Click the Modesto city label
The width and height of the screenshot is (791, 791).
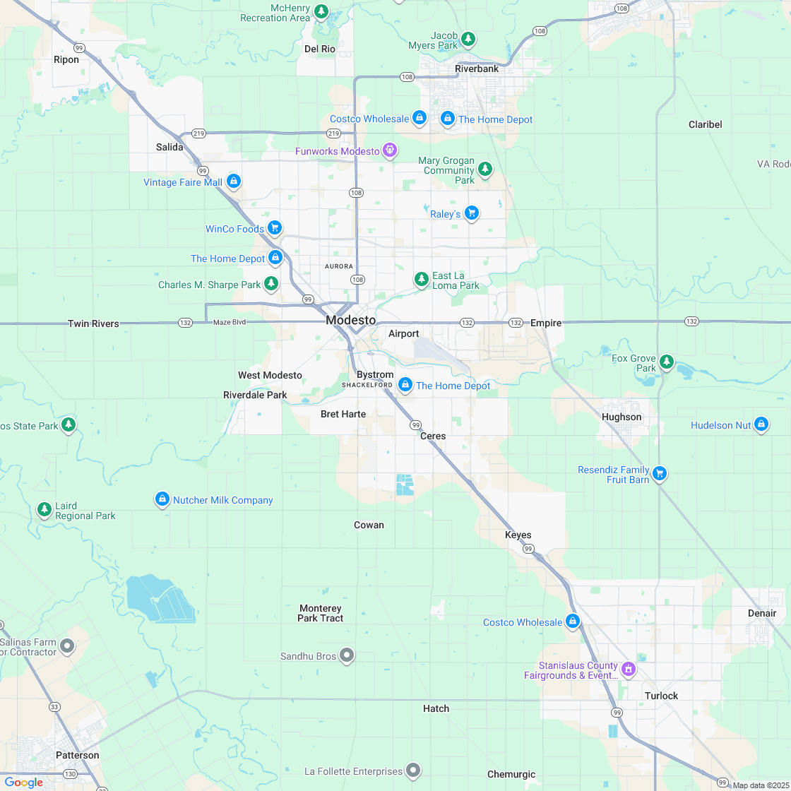(351, 320)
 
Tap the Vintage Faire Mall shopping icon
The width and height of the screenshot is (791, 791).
(234, 182)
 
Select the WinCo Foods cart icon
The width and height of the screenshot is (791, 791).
(275, 227)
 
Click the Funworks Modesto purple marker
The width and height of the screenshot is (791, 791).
(390, 150)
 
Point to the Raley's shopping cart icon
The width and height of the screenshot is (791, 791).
(472, 213)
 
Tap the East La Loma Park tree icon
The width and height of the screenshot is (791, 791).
(422, 280)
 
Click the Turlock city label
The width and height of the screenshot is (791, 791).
(661, 696)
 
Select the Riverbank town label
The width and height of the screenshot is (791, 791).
(477, 69)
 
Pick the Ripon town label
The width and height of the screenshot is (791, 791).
(66, 59)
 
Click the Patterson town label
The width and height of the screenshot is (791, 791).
(78, 755)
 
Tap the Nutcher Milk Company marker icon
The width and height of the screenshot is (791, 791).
(162, 499)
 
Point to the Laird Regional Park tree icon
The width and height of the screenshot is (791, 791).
(44, 509)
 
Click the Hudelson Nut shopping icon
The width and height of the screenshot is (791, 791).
(761, 424)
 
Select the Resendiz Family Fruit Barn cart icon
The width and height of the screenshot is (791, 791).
(660, 473)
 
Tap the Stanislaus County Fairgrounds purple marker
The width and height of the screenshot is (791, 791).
(628, 668)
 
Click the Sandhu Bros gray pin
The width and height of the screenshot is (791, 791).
(347, 655)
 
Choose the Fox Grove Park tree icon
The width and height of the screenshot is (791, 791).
(666, 363)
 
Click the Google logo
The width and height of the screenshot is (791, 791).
(24, 782)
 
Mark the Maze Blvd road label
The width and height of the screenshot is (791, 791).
(229, 322)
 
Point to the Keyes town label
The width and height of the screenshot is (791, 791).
(518, 535)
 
